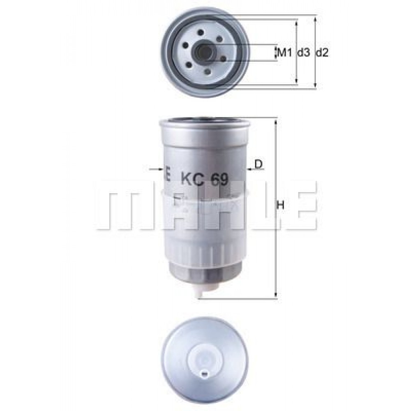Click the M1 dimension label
284,53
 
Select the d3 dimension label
304,53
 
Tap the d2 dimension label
322,53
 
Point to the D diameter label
259,164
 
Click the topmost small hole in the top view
201,32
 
